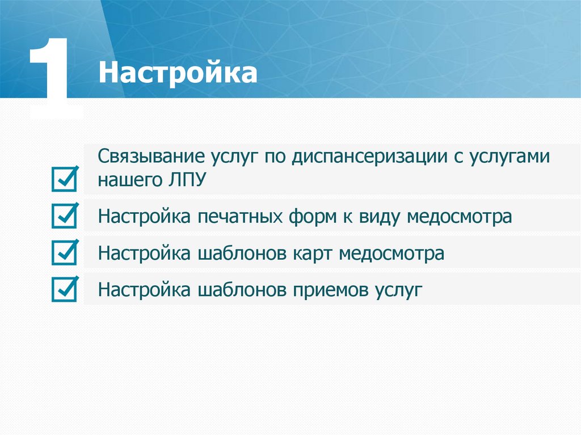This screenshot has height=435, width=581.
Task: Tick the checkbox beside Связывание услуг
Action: [64, 180]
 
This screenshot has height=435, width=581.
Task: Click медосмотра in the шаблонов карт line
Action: [391, 253]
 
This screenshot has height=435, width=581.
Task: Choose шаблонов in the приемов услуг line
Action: [241, 290]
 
